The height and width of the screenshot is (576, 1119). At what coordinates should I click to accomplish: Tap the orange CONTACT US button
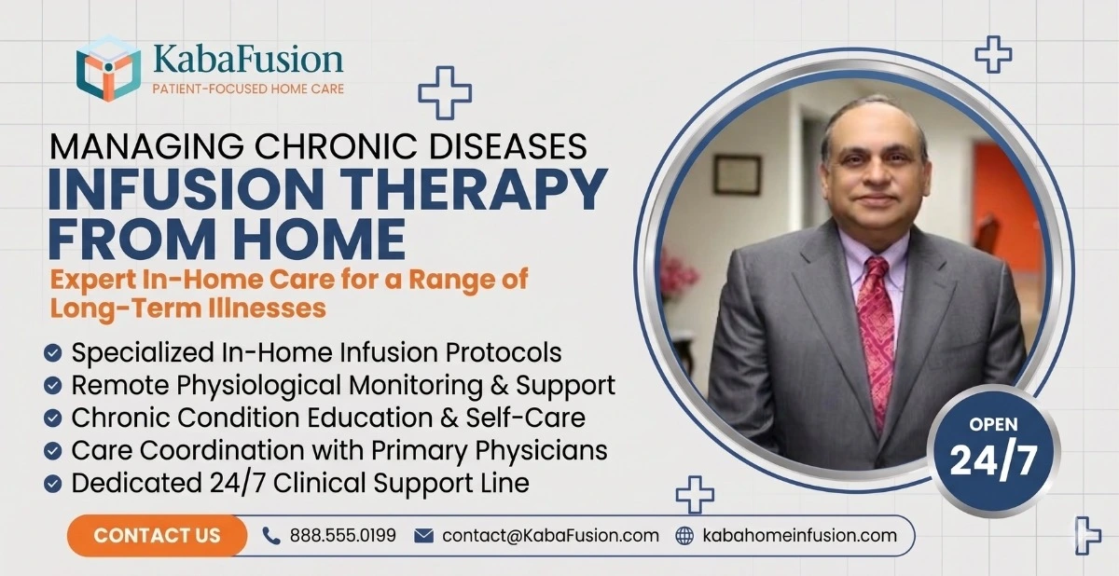click(x=157, y=535)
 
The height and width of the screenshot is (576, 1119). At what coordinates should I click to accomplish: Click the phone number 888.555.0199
click(x=342, y=536)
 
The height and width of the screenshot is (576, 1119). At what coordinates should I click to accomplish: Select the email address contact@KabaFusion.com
click(x=550, y=536)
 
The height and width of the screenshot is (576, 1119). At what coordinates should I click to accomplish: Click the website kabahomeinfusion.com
click(x=799, y=536)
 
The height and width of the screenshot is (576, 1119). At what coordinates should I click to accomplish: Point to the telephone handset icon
click(x=271, y=536)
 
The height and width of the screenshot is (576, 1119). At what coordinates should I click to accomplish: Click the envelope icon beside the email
click(x=424, y=536)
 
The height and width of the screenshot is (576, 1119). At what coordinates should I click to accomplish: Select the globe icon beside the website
click(x=685, y=536)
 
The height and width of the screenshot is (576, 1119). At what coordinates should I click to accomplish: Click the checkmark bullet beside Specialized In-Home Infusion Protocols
click(x=54, y=353)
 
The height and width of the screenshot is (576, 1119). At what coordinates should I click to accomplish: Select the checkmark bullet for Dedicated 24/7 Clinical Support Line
click(x=54, y=484)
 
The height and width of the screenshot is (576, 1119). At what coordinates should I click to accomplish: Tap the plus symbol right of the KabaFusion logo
click(x=445, y=92)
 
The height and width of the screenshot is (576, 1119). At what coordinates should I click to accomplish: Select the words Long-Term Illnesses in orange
click(x=185, y=308)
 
